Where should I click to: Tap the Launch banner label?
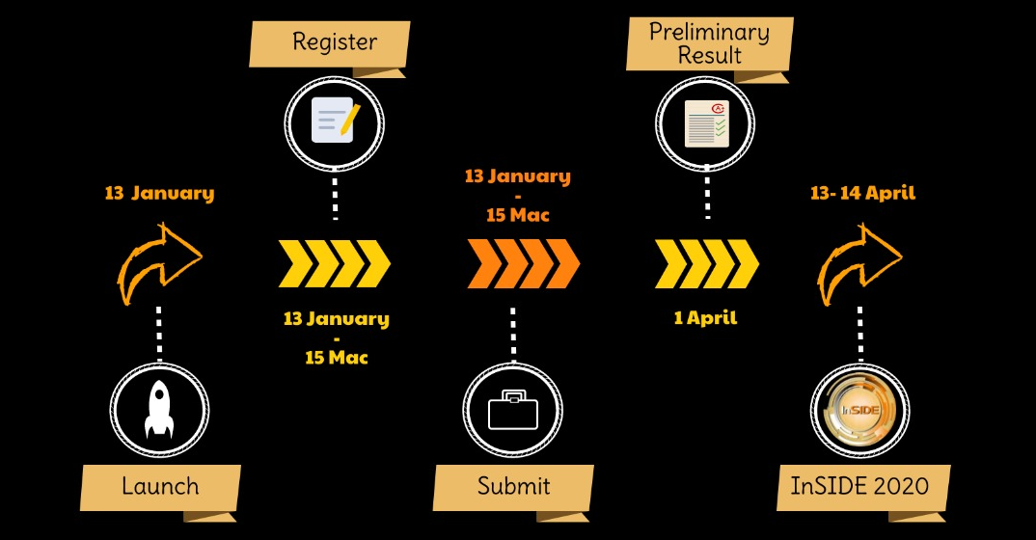(x=160, y=487)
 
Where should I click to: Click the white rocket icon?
(x=159, y=410)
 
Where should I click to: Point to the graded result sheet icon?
(x=706, y=123)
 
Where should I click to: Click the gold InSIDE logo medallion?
(x=860, y=410)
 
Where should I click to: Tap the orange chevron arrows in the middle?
(x=523, y=263)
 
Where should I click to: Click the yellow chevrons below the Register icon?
(x=335, y=263)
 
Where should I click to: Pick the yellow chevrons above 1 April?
(x=707, y=263)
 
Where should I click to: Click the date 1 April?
(x=706, y=318)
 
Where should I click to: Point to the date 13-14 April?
(x=863, y=193)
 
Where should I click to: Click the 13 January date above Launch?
(x=160, y=194)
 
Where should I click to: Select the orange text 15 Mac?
(x=518, y=215)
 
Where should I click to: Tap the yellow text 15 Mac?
(x=337, y=358)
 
